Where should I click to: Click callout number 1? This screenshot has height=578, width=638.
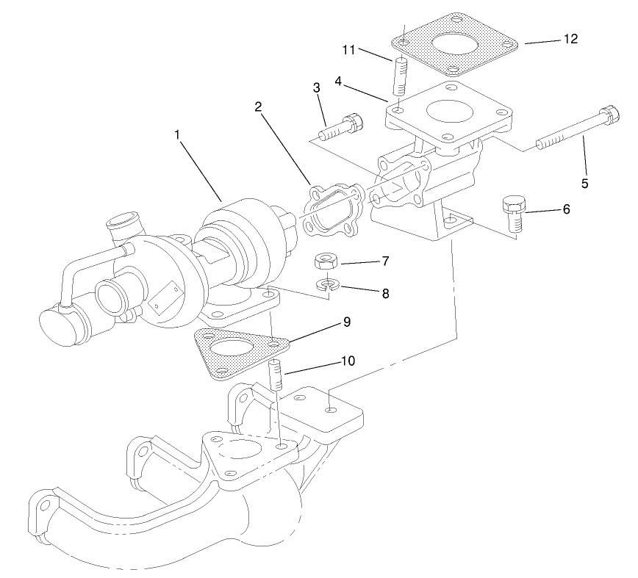coord(177,135)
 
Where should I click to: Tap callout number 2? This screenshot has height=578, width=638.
coord(259,106)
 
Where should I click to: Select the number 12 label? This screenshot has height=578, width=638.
coord(570,39)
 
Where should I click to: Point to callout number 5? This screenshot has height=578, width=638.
coord(585,183)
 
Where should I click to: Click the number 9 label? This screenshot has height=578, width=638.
coord(347,322)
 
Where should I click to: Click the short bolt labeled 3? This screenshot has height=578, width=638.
coord(341,128)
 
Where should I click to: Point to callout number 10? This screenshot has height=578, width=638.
coord(348,361)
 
